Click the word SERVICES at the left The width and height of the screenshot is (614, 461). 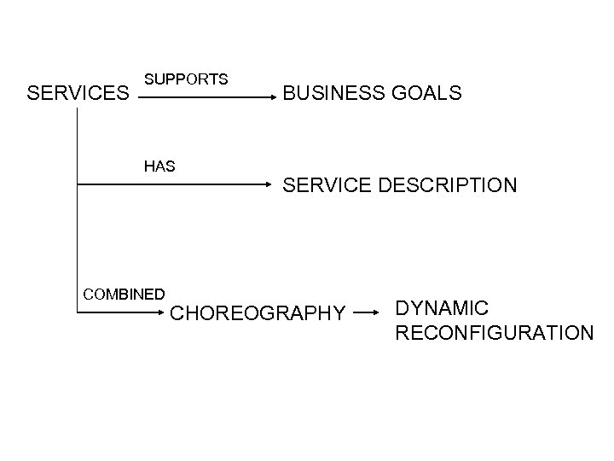click(x=76, y=92)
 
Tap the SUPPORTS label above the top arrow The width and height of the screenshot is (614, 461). click(x=186, y=79)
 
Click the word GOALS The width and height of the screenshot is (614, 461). click(x=432, y=93)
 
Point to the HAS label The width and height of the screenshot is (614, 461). click(x=159, y=166)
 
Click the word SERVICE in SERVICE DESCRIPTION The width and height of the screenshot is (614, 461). click(x=327, y=184)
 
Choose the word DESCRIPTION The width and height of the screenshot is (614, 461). click(x=448, y=184)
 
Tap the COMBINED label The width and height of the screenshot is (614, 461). click(x=124, y=295)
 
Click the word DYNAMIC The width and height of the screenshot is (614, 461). click(x=441, y=306)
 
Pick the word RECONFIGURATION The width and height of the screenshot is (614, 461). click(x=495, y=332)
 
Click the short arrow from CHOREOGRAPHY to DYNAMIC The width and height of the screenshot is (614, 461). click(x=365, y=313)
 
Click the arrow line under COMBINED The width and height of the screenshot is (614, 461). click(x=119, y=313)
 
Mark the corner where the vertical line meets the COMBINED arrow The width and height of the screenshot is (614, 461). click(x=77, y=313)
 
